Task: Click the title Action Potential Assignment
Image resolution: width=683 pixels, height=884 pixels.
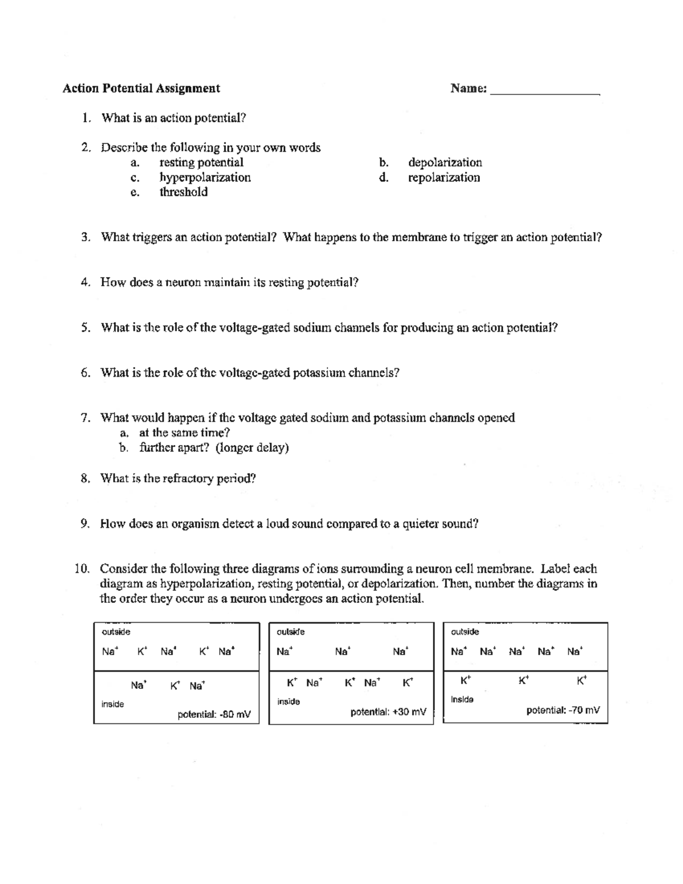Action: [x=141, y=88]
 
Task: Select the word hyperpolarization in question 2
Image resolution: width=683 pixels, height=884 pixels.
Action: [x=205, y=178]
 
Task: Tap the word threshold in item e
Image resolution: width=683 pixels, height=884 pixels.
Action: [x=183, y=192]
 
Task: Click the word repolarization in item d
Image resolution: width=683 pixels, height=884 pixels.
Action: [x=444, y=178]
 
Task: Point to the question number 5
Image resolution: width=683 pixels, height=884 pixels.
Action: [x=85, y=328]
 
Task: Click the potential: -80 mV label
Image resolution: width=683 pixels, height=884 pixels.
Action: [x=214, y=714]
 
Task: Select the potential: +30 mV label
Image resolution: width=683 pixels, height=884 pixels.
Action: [x=388, y=712]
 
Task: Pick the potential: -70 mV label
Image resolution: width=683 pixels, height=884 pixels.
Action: [x=563, y=710]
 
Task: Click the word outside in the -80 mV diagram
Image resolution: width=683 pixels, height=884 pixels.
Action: [x=116, y=632]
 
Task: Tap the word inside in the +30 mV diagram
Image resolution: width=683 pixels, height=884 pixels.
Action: [x=289, y=702]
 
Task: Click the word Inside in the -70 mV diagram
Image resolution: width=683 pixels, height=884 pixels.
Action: [x=462, y=700]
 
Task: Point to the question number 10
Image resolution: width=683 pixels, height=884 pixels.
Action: [x=82, y=569]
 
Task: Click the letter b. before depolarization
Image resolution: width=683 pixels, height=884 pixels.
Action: [x=384, y=163]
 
